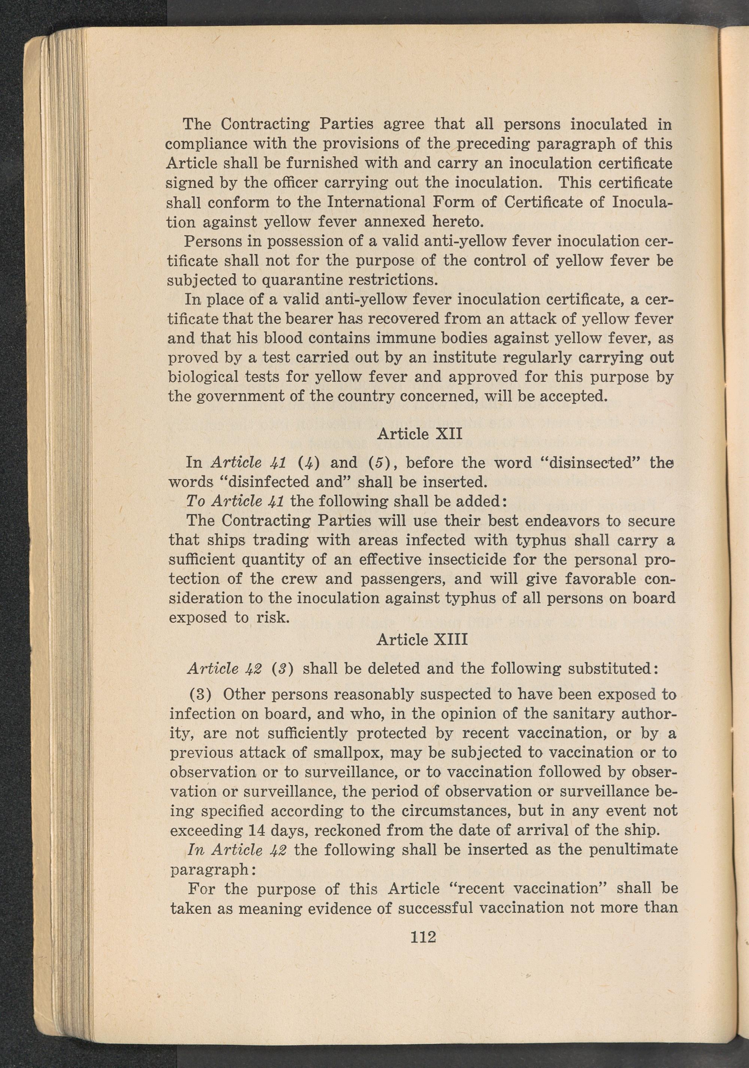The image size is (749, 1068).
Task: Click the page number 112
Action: tap(423, 936)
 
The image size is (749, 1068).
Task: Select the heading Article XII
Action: tap(419, 434)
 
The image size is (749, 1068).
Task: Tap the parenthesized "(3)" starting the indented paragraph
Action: tap(201, 695)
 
